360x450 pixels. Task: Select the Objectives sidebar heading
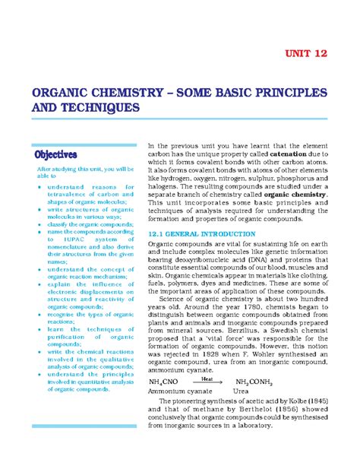[60, 155]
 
